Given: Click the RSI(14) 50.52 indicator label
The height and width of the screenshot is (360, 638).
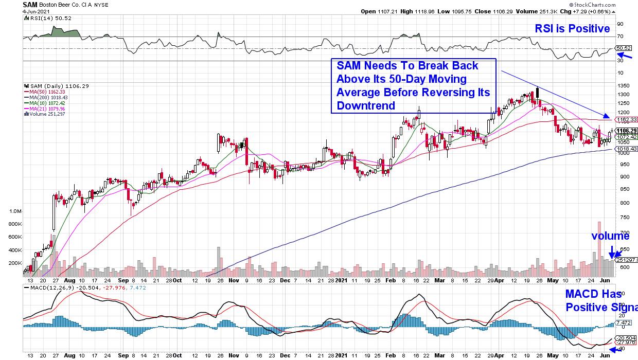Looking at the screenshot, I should (x=43, y=17).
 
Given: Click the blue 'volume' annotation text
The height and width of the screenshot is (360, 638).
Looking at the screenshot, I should (x=610, y=236).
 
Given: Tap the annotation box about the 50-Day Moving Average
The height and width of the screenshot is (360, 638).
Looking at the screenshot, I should (x=413, y=85).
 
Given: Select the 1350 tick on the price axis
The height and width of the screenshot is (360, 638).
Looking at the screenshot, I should (x=623, y=85).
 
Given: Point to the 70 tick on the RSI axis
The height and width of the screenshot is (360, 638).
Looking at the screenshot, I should (x=620, y=36).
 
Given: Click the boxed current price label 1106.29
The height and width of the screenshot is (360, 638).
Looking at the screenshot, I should (x=626, y=131).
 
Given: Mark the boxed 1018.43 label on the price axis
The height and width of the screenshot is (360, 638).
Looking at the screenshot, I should (x=626, y=149).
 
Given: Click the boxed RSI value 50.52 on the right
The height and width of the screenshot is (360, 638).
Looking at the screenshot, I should (x=624, y=48).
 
